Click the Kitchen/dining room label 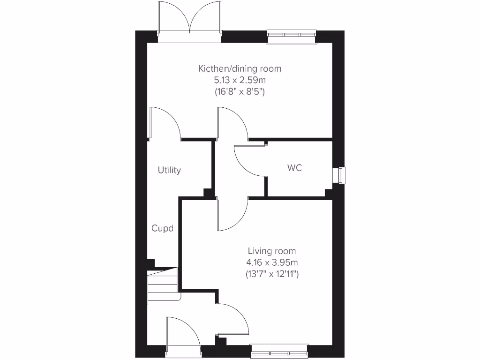(240, 69)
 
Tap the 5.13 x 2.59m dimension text (240, 80)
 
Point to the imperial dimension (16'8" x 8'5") (240, 92)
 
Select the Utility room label (169, 170)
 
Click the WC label (295, 167)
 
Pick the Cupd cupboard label (162, 229)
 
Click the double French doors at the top (190, 21)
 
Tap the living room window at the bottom (279, 352)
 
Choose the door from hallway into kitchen (231, 123)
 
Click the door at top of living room (231, 214)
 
